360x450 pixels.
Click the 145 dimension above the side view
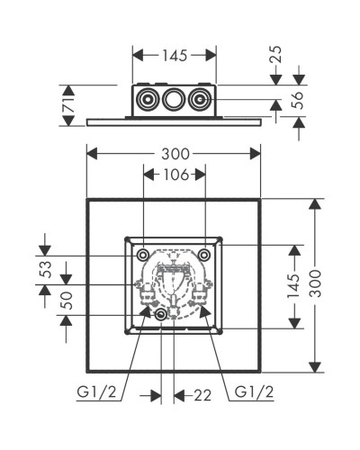(x=175, y=56)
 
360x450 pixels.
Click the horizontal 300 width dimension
(x=175, y=155)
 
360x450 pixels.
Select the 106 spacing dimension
(x=175, y=175)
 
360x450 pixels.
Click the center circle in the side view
(x=175, y=99)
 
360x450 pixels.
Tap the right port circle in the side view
(x=205, y=99)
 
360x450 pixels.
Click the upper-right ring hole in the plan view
(x=205, y=256)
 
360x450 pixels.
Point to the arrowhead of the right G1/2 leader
(x=206, y=310)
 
